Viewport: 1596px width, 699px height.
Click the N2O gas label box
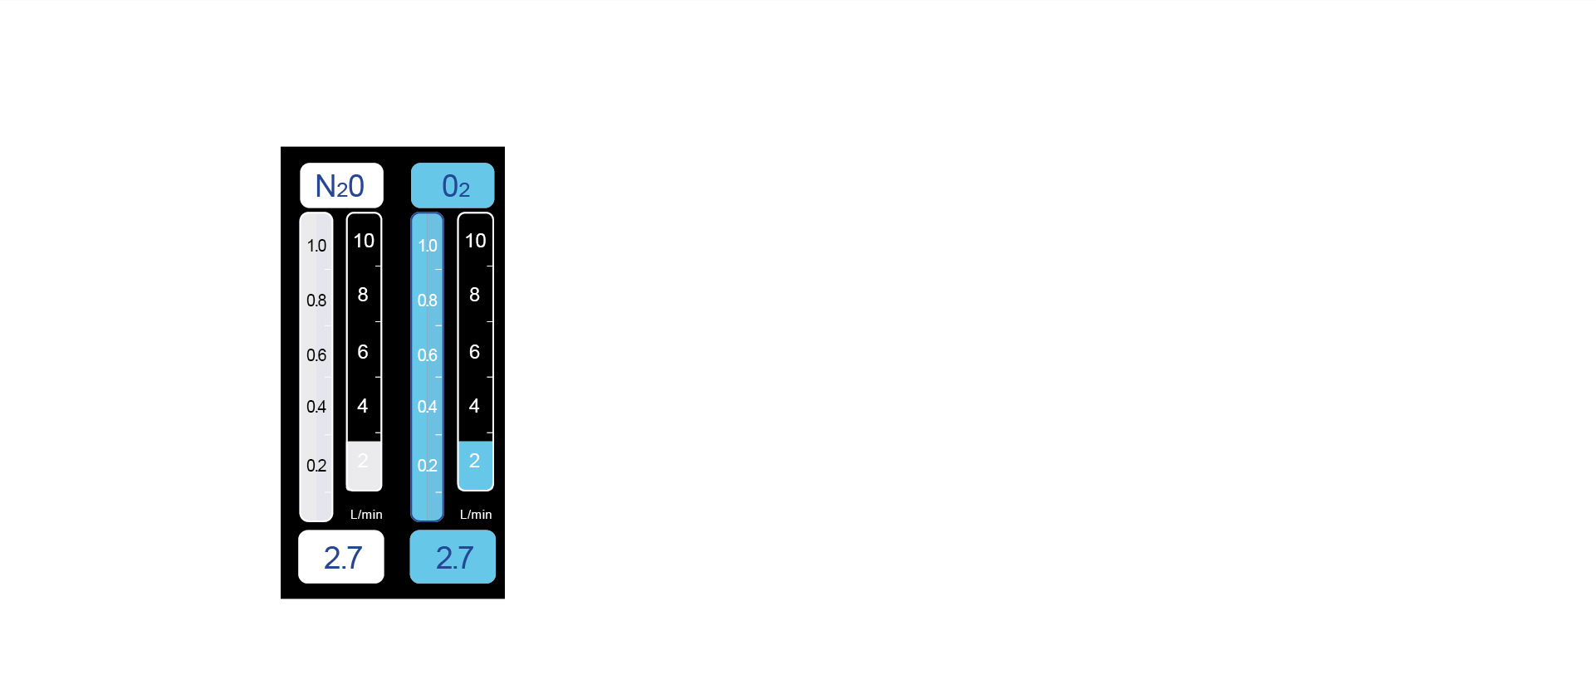point(341,185)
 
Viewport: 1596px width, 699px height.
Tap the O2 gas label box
point(453,185)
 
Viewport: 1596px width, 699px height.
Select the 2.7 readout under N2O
point(341,557)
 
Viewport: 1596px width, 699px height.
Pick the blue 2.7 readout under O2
point(453,557)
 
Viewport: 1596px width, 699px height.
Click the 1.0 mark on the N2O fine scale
point(316,246)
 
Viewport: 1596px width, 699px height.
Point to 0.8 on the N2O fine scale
point(316,301)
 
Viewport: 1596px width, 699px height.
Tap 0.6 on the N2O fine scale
point(316,355)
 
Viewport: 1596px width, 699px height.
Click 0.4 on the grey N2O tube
point(316,407)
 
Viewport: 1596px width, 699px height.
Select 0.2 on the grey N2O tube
point(316,466)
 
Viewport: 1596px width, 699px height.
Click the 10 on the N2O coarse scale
point(364,241)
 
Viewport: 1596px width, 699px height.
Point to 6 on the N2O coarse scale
point(363,352)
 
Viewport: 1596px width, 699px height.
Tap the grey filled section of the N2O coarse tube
point(364,466)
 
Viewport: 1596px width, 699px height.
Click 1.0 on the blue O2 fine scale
point(428,246)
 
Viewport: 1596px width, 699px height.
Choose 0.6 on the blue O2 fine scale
point(428,355)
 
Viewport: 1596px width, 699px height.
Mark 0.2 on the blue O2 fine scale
point(428,466)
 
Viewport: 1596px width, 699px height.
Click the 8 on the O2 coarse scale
point(475,295)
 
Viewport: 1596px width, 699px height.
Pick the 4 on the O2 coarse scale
point(474,406)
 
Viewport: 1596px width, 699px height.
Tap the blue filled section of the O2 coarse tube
point(475,466)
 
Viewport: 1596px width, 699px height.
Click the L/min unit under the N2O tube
point(366,515)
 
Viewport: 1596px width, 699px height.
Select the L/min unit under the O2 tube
point(476,515)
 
